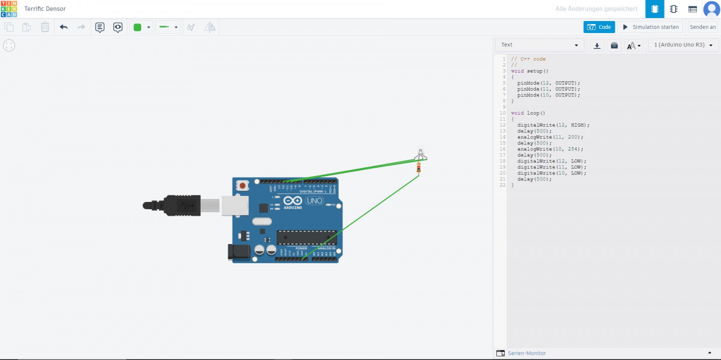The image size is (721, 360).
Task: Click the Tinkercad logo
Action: pos(9,9)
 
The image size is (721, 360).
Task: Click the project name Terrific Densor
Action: pos(45,9)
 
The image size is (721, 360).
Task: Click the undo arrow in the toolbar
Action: pos(64,27)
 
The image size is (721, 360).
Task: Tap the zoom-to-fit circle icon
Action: pos(9,45)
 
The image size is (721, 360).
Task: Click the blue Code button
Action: pos(599,27)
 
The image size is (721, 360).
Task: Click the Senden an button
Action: pos(702,27)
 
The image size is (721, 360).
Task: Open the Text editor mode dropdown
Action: pos(540,45)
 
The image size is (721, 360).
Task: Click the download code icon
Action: pos(597,45)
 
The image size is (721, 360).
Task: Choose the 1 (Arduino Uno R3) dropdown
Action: pos(683,45)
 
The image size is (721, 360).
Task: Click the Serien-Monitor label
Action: pos(526,353)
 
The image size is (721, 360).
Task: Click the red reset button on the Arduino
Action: pos(242,186)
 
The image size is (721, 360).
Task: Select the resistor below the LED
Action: pos(418,169)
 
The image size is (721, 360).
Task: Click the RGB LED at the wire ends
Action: pos(421,154)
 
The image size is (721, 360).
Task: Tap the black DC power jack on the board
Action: pos(239,252)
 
